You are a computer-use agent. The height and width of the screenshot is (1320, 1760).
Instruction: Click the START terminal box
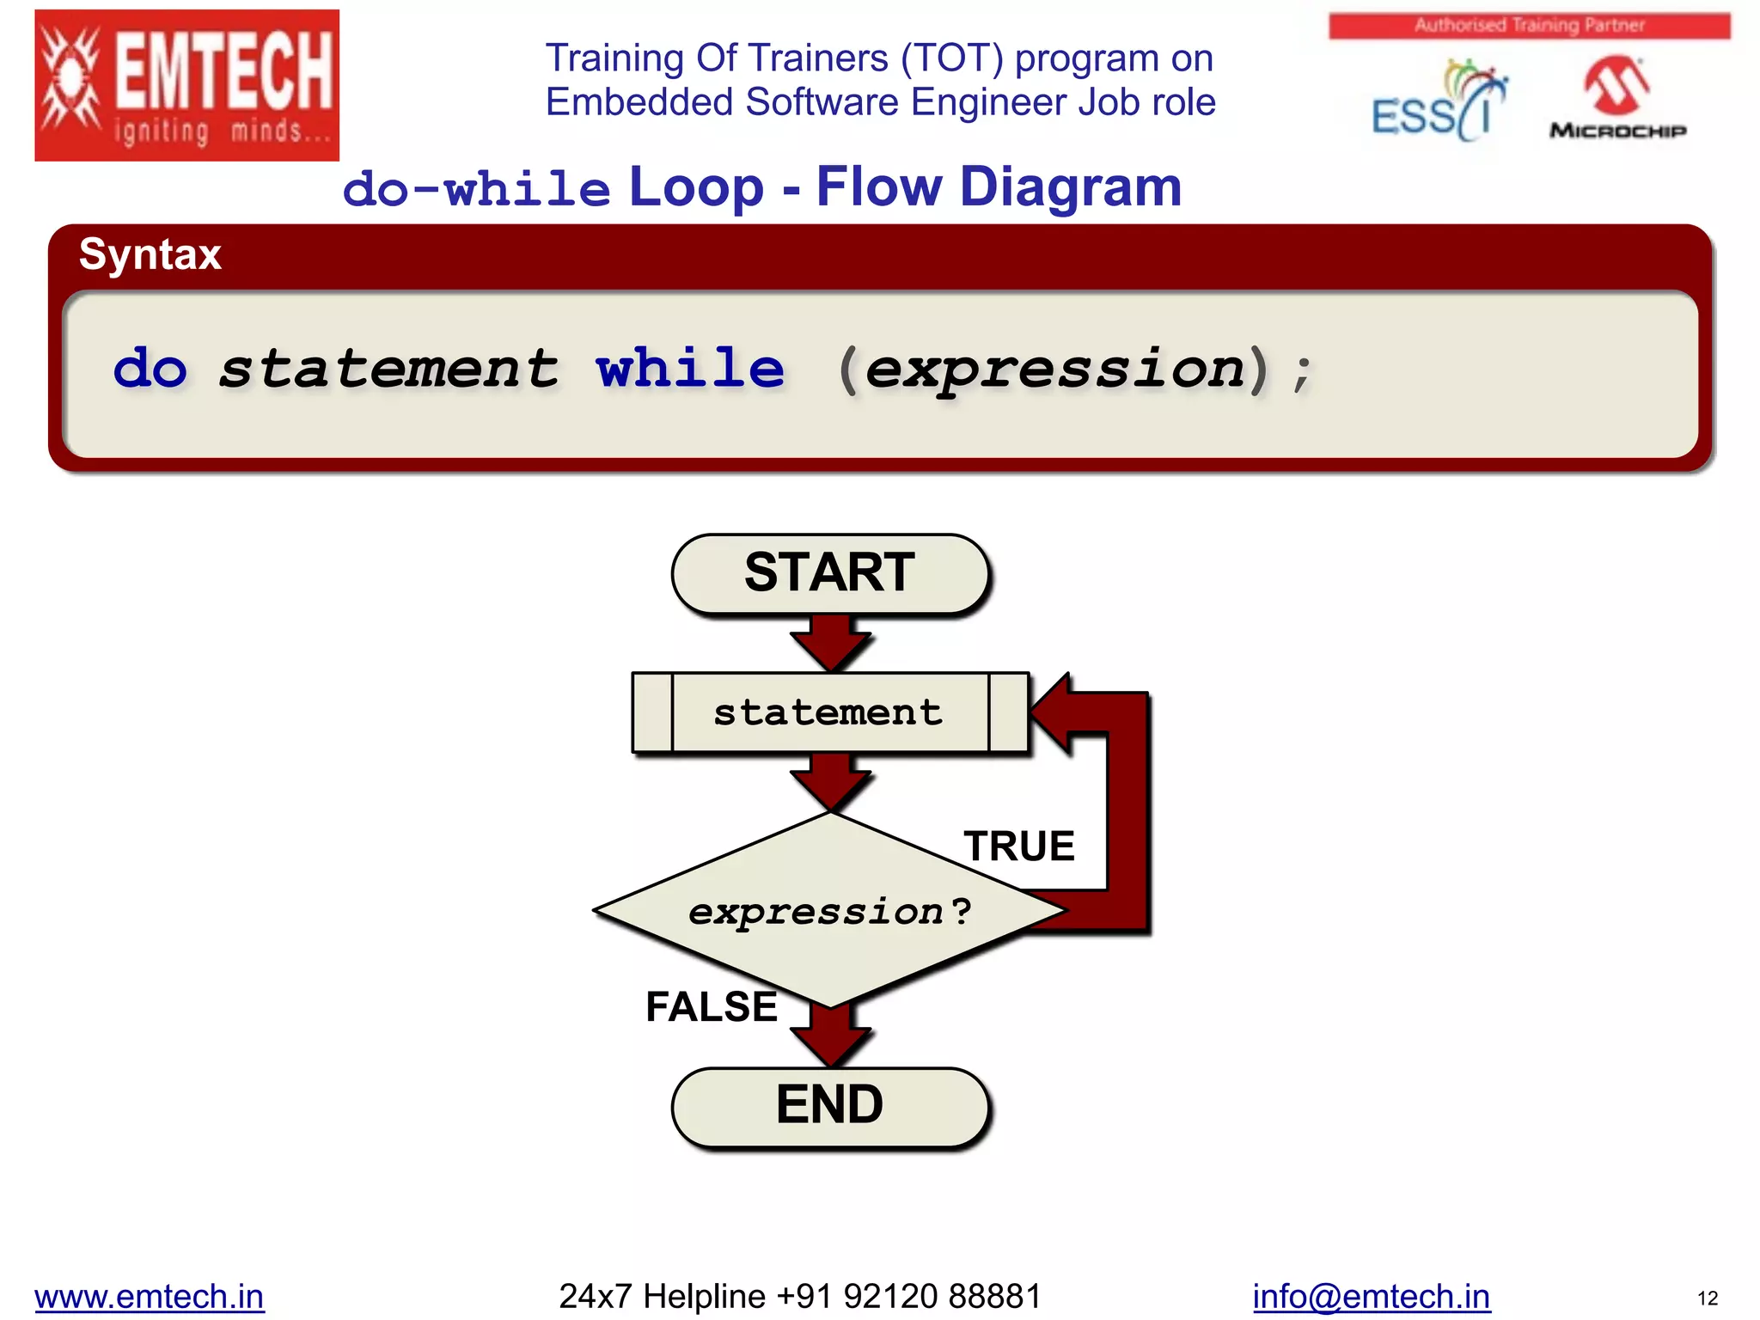click(830, 573)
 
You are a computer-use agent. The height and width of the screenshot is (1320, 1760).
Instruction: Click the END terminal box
click(830, 1106)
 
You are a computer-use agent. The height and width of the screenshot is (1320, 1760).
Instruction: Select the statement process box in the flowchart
click(830, 712)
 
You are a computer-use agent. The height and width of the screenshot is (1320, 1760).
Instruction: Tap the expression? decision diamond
click(830, 911)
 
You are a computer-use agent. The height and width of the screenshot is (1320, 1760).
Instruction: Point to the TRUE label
click(1019, 846)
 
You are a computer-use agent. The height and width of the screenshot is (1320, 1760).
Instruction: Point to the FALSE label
click(712, 1006)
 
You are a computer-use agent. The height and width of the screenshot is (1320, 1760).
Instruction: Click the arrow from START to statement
click(830, 643)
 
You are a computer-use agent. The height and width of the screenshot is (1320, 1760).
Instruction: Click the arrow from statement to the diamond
click(830, 780)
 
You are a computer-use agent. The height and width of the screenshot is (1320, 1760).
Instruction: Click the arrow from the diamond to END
click(830, 1036)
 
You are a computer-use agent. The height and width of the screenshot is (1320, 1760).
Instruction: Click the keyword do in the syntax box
click(150, 370)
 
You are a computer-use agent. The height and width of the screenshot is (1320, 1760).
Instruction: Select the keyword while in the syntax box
click(690, 370)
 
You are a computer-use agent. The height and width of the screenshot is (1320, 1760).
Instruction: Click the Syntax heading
click(150, 254)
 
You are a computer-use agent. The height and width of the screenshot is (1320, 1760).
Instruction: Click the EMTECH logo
click(187, 85)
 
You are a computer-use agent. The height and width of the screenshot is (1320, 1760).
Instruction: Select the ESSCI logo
click(1438, 101)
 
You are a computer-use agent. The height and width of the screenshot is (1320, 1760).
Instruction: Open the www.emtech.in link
click(150, 1296)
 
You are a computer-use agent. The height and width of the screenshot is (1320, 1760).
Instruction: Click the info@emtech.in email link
click(1371, 1296)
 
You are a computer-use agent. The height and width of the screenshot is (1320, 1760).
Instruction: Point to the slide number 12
click(1707, 1299)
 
